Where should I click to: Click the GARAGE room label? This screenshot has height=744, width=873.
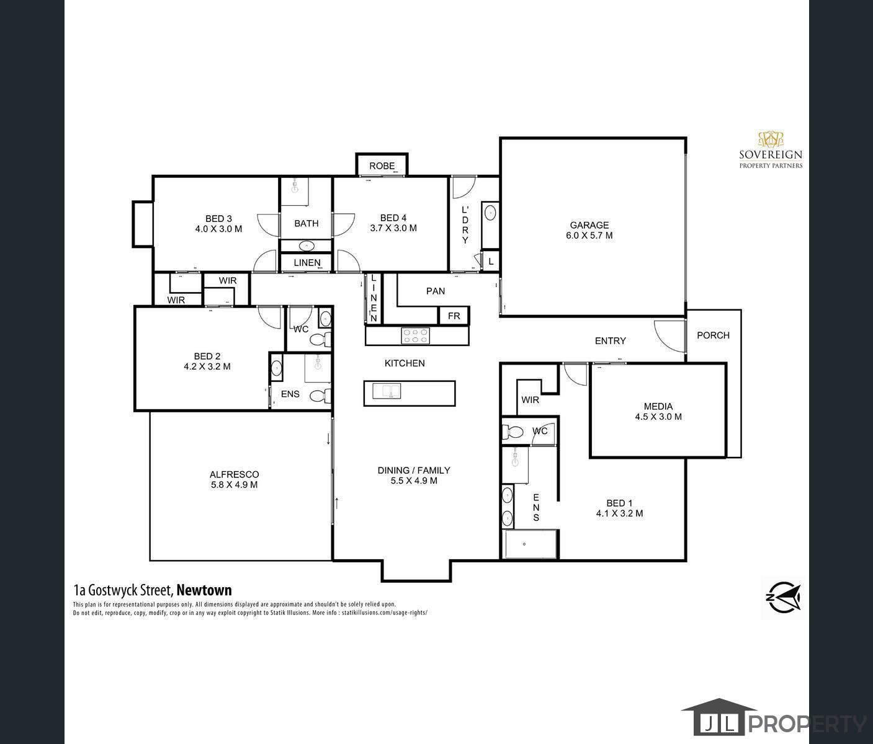coord(589,225)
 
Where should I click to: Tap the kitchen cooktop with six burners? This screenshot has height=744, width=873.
coord(415,335)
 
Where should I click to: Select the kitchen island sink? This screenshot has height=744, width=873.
coord(387,391)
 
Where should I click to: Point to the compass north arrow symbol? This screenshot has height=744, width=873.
coord(782,598)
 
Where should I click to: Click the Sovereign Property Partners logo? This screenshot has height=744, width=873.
coord(771,150)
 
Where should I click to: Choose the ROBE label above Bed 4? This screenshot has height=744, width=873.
coord(382,166)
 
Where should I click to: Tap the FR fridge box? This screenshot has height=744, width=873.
coord(454,316)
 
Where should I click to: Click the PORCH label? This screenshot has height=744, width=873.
coord(713,335)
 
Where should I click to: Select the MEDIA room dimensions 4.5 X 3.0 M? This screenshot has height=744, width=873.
coord(658,417)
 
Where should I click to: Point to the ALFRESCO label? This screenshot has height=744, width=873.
coord(234,474)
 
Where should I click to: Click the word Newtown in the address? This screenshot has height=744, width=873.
coord(204,590)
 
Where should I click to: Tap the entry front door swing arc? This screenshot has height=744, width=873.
coord(668,335)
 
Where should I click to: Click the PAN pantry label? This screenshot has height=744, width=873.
coord(435,291)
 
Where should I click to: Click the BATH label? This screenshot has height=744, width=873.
coord(306,223)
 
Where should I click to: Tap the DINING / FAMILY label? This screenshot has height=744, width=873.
coord(413,470)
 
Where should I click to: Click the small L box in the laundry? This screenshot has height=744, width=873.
coord(490,262)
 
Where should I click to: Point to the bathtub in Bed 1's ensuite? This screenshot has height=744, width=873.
coord(531,545)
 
